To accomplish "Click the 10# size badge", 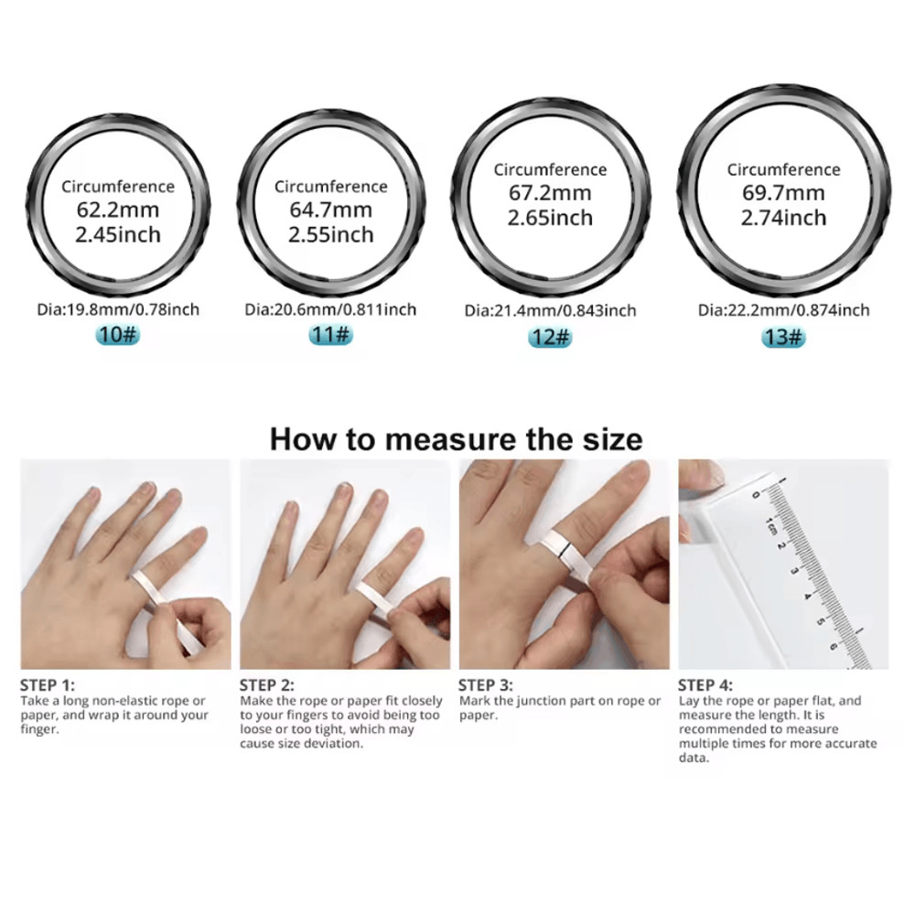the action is pyautogui.click(x=118, y=335).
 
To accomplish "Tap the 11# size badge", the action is pyautogui.click(x=331, y=335).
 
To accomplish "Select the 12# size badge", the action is pyautogui.click(x=550, y=338).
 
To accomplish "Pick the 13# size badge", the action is pyautogui.click(x=784, y=338).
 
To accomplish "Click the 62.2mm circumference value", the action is pyautogui.click(x=118, y=210).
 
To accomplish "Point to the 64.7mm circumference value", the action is pyautogui.click(x=331, y=210).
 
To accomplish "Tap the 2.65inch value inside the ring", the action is pyautogui.click(x=550, y=219).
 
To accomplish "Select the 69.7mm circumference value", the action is pyautogui.click(x=784, y=192).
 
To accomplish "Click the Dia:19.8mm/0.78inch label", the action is pyautogui.click(x=118, y=309).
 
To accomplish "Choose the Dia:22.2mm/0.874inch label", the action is pyautogui.click(x=784, y=310).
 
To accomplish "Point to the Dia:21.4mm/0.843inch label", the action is pyautogui.click(x=550, y=310).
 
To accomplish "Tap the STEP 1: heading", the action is pyautogui.click(x=48, y=685).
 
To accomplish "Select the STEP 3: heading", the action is pyautogui.click(x=486, y=685).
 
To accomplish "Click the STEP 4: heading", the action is pyautogui.click(x=705, y=685).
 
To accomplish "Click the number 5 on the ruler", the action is pyautogui.click(x=820, y=621).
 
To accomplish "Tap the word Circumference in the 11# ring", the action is pyautogui.click(x=331, y=187).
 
